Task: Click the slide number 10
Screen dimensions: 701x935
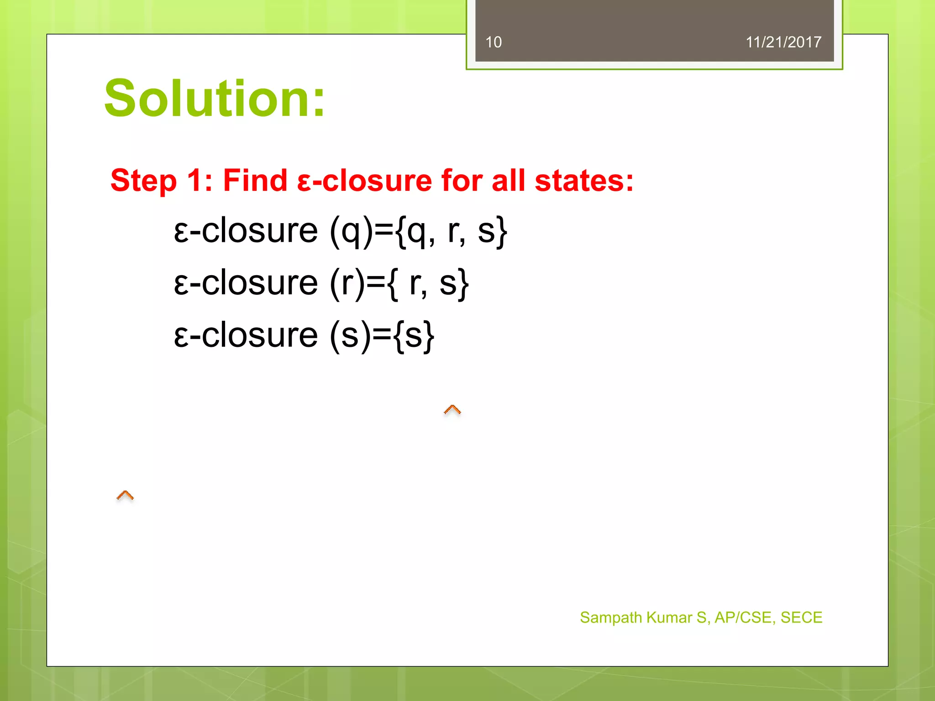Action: click(x=493, y=42)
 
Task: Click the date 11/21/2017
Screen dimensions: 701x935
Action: click(x=783, y=42)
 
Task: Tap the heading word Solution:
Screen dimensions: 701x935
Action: click(x=215, y=99)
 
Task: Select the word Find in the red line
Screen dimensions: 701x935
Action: click(x=255, y=180)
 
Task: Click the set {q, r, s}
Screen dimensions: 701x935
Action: click(x=452, y=231)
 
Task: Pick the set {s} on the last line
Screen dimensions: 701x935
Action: click(x=414, y=335)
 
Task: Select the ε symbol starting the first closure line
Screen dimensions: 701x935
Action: click(x=181, y=232)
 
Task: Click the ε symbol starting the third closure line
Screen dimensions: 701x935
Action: click(x=181, y=336)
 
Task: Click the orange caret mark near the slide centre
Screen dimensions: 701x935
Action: click(x=452, y=410)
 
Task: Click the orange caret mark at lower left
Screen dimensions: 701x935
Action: click(x=125, y=495)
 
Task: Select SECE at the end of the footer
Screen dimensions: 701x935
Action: click(x=801, y=617)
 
